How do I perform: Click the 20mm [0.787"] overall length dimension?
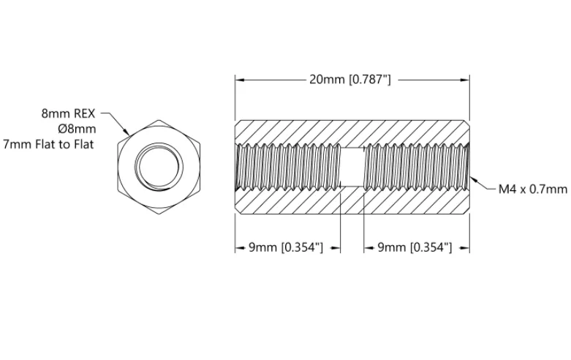coord(350,80)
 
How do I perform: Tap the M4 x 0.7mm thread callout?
coord(533,189)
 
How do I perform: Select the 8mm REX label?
coord(68,113)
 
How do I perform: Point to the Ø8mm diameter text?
coord(77,129)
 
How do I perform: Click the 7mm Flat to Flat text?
coord(48,144)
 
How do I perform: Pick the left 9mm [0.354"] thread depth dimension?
coord(286,247)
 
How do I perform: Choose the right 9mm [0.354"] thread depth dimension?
coord(415,247)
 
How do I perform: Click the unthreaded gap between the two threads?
coord(352,167)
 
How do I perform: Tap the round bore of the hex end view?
coord(159,167)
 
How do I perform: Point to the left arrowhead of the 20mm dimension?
coord(239,80)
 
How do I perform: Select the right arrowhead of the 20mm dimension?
coord(465,80)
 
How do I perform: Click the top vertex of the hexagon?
coord(159,119)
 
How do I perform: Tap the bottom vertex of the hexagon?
coord(159,214)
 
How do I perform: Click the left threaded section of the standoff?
coord(287,167)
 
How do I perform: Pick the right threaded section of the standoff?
coord(417,167)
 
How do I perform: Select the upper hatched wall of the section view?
coord(352,132)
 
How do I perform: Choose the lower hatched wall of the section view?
coord(352,201)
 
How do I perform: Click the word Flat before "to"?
coord(47,144)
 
